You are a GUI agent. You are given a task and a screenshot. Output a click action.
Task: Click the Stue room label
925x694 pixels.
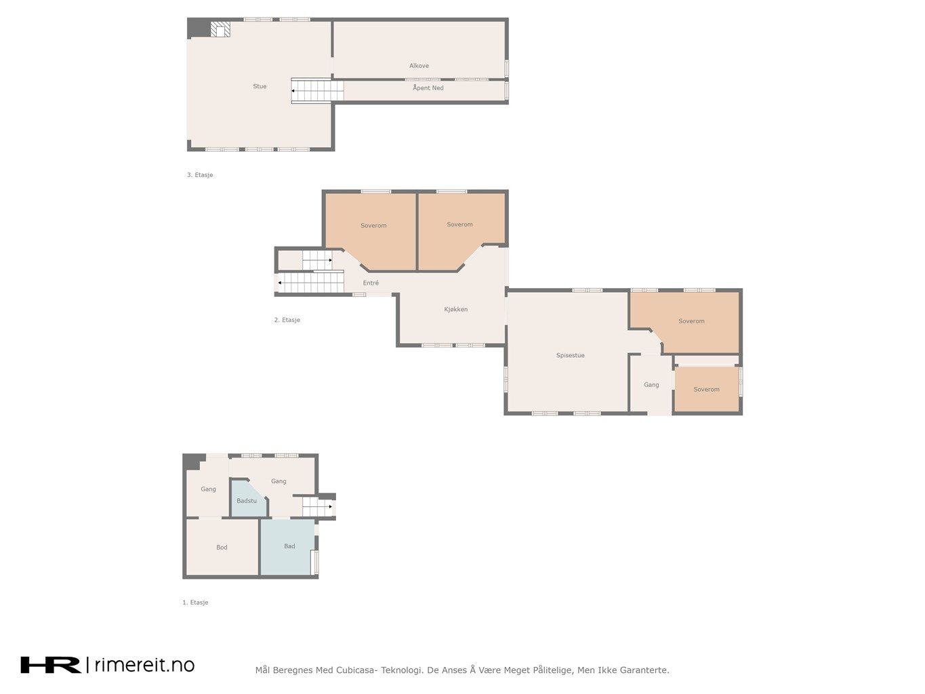(x=260, y=86)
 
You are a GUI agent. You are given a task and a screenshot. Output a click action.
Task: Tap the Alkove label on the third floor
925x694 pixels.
(x=419, y=66)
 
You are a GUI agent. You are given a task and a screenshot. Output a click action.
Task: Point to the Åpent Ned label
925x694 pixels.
(x=428, y=87)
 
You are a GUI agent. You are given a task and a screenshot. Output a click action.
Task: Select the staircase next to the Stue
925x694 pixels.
(x=317, y=91)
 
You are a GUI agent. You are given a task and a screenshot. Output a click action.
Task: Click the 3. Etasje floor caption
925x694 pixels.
(x=200, y=175)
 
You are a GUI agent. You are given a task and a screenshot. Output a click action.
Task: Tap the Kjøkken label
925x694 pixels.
(x=455, y=309)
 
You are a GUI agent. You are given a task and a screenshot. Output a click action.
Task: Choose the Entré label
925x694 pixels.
(x=371, y=283)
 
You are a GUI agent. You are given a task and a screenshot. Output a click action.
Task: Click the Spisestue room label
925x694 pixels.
(x=570, y=355)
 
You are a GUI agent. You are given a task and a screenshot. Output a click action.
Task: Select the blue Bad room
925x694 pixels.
(x=288, y=546)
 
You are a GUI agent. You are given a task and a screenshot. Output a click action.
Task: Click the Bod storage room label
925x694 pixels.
(x=222, y=548)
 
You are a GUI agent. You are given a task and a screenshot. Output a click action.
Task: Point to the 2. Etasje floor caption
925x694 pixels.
(x=287, y=320)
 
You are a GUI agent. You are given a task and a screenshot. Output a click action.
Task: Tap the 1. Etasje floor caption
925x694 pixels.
(x=195, y=603)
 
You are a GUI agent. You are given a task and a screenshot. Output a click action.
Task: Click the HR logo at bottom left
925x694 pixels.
(x=51, y=666)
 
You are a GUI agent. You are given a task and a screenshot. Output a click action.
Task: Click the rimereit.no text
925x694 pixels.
(x=144, y=666)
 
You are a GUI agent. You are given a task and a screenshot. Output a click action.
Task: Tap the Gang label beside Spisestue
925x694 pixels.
(x=651, y=385)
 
